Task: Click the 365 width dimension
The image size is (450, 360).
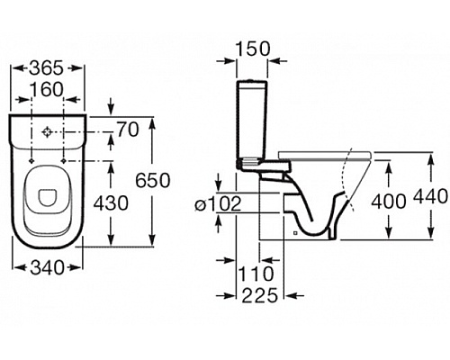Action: (47, 68)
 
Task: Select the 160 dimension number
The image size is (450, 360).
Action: (48, 89)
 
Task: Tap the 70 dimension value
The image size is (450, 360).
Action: (128, 130)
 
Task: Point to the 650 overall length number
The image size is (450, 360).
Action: (153, 180)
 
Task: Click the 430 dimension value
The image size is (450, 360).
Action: (111, 203)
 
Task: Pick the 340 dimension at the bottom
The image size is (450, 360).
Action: (48, 267)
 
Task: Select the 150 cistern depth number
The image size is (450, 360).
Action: (253, 49)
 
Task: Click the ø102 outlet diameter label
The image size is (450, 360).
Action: (218, 204)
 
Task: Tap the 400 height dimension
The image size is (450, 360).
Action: (389, 201)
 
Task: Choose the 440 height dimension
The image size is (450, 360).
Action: (430, 196)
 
